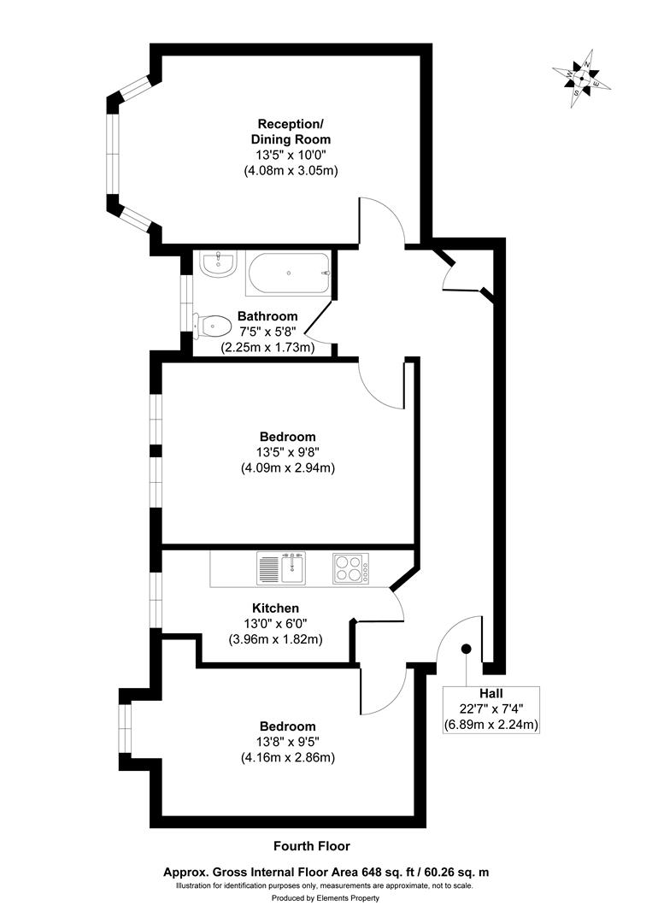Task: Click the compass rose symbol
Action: point(581,79)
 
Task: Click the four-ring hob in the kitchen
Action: point(349,568)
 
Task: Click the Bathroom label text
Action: point(267,315)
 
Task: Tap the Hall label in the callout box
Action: point(490,693)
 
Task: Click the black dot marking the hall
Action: point(467,649)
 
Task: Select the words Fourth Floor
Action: point(311,846)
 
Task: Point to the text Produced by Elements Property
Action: point(326,898)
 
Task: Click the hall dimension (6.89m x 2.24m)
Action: point(490,725)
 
